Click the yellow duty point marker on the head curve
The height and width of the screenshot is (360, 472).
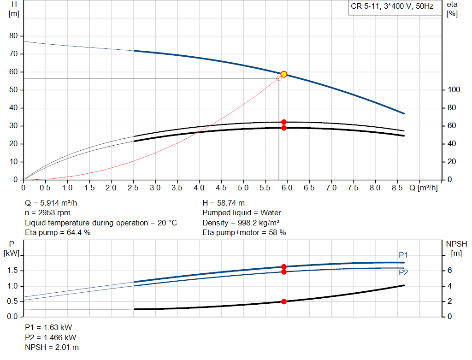tap(284, 74)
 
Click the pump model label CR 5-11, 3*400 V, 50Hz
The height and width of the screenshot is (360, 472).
tap(392, 7)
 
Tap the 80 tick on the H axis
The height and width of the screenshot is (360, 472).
tap(13, 36)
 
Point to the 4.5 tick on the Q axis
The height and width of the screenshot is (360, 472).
tap(221, 188)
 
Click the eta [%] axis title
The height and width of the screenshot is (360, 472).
tap(452, 9)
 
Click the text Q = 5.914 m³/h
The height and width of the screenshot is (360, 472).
tap(54, 203)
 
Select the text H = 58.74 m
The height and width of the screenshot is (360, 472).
tap(224, 203)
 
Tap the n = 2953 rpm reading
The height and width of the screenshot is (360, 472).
tap(48, 213)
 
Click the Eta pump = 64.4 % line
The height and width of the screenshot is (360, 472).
tap(58, 233)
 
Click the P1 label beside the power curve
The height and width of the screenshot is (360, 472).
tap(403, 255)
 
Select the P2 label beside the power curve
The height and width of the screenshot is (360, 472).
tap(403, 272)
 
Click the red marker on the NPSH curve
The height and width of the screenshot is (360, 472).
tap(284, 301)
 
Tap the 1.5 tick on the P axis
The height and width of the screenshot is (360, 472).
tap(13, 271)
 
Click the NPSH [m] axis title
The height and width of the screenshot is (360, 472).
tap(454, 248)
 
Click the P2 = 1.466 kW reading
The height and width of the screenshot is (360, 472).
tap(51, 337)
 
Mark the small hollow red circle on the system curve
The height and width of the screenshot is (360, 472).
tap(279, 78)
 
